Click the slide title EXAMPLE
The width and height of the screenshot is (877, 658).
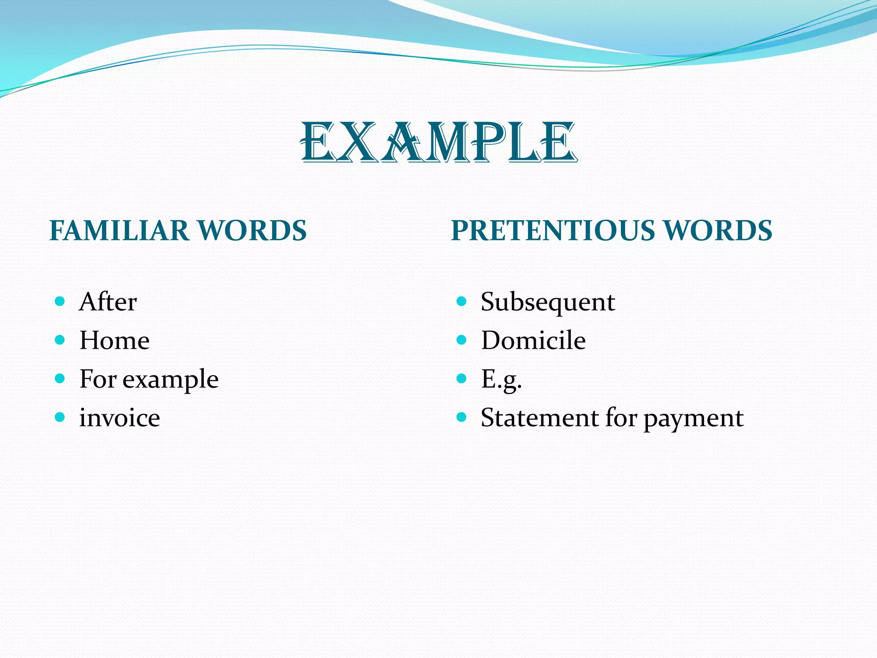click(x=438, y=142)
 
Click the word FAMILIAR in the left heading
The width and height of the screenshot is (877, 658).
click(x=119, y=230)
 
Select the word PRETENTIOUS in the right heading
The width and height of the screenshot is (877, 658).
click(x=553, y=230)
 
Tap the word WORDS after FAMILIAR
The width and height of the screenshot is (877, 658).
click(x=253, y=230)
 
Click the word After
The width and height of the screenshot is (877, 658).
click(x=108, y=302)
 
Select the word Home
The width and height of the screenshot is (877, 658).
click(x=114, y=340)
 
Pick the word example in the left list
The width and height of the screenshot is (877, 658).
click(x=170, y=380)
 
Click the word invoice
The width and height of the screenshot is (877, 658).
click(x=119, y=418)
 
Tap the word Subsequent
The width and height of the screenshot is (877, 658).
click(x=548, y=302)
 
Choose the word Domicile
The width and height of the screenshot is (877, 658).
click(x=533, y=340)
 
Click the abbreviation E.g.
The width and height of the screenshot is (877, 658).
click(x=501, y=380)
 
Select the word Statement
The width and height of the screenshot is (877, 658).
click(x=539, y=418)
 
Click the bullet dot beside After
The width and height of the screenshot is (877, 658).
click(x=60, y=301)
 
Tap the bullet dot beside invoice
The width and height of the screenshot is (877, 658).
click(x=60, y=417)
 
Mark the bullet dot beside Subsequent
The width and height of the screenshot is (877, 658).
click(x=461, y=301)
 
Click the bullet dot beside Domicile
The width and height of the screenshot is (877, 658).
click(x=461, y=340)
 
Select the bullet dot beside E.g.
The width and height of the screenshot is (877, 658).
click(x=461, y=378)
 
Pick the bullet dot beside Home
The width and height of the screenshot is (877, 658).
click(x=60, y=340)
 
